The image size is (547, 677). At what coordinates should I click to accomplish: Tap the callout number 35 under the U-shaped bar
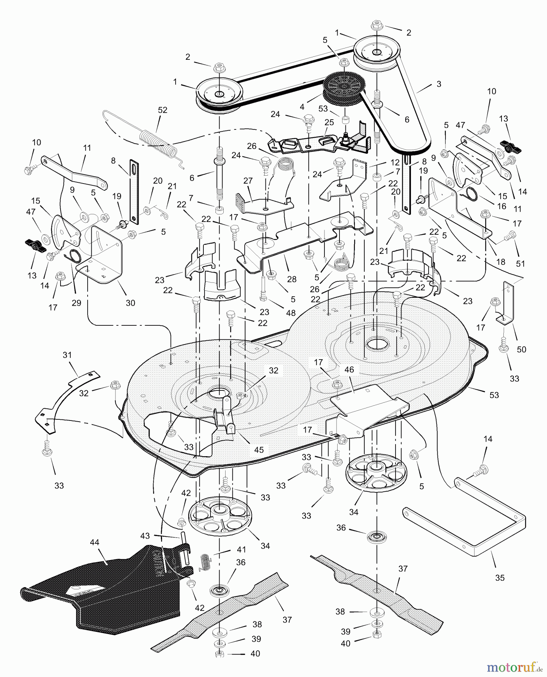(x=500, y=578)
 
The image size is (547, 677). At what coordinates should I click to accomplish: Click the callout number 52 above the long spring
(x=163, y=110)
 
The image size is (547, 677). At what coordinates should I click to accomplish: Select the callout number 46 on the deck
(x=349, y=370)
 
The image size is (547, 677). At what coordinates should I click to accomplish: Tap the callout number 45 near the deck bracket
(x=259, y=449)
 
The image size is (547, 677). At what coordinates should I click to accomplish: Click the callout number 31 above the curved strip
(x=67, y=355)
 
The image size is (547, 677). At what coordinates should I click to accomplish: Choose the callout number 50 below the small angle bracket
(x=521, y=349)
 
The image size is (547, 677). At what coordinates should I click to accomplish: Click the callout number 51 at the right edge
(x=520, y=264)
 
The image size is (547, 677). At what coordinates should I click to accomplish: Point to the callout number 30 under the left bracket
(x=130, y=303)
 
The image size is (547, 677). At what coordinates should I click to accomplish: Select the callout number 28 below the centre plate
(x=291, y=279)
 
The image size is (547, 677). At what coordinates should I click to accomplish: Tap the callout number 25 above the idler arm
(x=329, y=123)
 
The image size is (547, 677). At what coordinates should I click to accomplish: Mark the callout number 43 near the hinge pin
(x=145, y=536)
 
